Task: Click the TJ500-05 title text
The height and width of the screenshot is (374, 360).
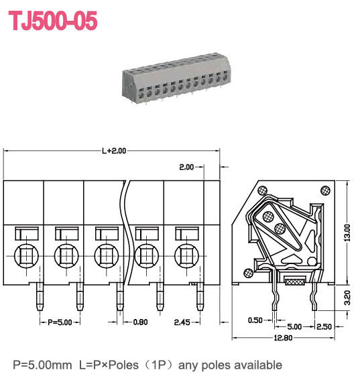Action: (53, 21)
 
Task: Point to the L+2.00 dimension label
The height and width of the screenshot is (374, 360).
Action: (114, 151)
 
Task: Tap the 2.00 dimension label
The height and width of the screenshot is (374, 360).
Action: (186, 166)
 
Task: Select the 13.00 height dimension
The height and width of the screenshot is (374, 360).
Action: (346, 232)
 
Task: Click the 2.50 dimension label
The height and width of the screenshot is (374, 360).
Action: (324, 326)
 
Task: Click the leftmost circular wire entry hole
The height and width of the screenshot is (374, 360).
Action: (25, 255)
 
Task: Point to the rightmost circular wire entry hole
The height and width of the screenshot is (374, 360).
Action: (186, 255)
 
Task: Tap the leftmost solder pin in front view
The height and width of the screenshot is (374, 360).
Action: (38, 298)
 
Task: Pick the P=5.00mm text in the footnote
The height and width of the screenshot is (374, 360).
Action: (40, 364)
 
